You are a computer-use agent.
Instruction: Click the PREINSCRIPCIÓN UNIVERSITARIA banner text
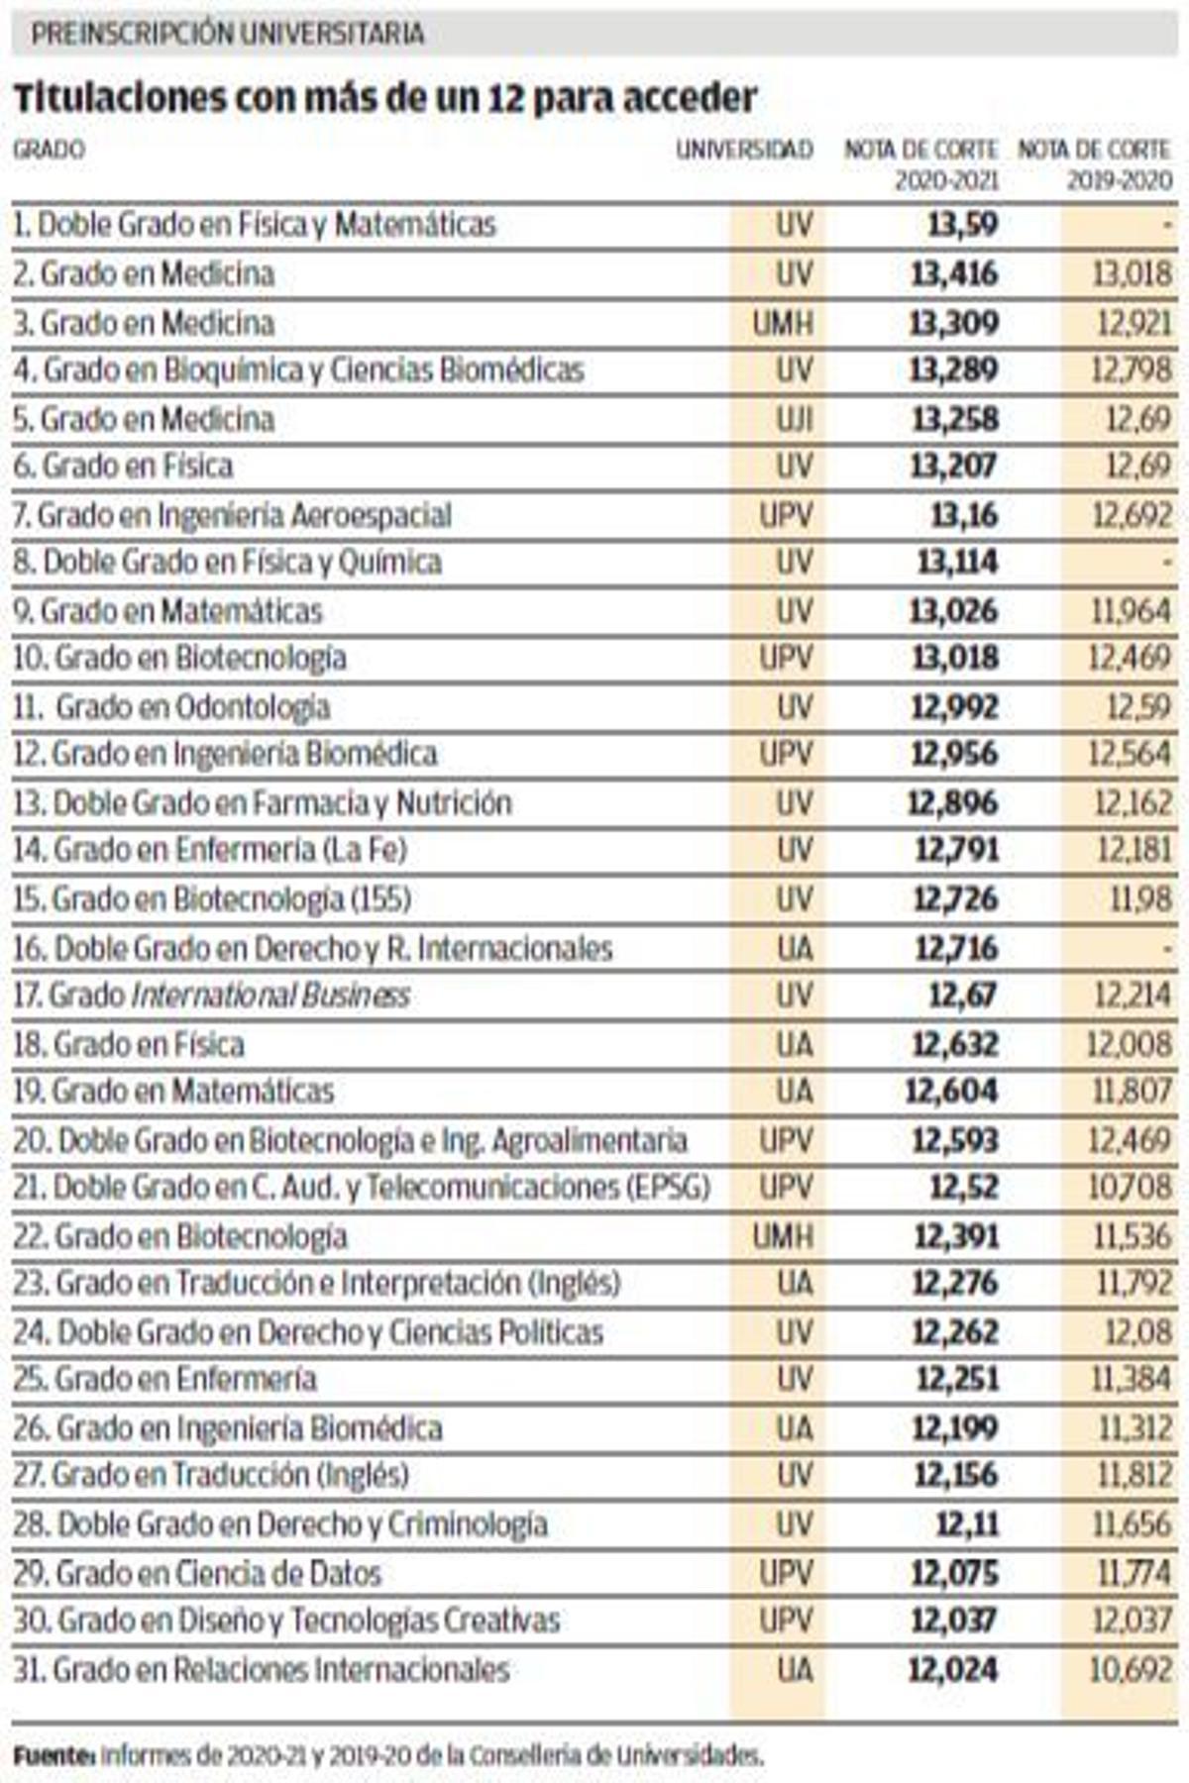pyautogui.click(x=228, y=34)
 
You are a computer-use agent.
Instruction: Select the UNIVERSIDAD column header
pyautogui.click(x=744, y=151)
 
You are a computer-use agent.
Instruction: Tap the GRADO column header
pyautogui.click(x=49, y=151)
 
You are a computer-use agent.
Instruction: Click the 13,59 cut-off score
pyautogui.click(x=962, y=225)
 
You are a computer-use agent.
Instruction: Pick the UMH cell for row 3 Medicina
pyautogui.click(x=782, y=323)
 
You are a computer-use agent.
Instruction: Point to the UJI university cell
pyautogui.click(x=794, y=419)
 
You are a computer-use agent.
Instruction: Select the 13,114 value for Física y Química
pyautogui.click(x=957, y=563)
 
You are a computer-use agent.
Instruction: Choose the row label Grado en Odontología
pyautogui.click(x=192, y=707)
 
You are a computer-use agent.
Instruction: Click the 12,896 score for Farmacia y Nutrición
pyautogui.click(x=952, y=803)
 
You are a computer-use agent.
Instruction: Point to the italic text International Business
pyautogui.click(x=270, y=996)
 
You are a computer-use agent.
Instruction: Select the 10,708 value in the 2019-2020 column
pyautogui.click(x=1130, y=1187)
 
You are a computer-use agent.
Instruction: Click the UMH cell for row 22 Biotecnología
pyautogui.click(x=782, y=1236)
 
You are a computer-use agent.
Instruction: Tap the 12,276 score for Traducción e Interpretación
pyautogui.click(x=955, y=1284)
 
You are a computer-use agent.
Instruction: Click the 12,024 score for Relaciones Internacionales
pyautogui.click(x=952, y=1670)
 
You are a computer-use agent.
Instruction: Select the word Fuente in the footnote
pyautogui.click(x=54, y=1756)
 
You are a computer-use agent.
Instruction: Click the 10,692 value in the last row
pyautogui.click(x=1130, y=1670)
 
